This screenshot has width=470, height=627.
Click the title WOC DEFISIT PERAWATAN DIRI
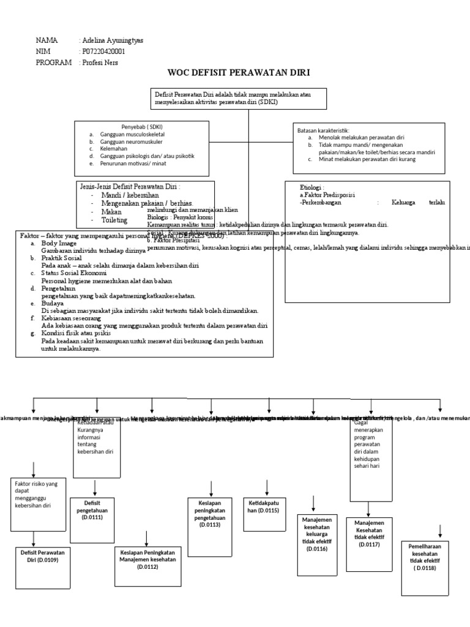(239, 73)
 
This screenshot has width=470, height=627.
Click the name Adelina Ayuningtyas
(112, 41)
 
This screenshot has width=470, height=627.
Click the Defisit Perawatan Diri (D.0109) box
(42, 556)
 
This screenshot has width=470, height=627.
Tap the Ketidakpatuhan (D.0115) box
(264, 506)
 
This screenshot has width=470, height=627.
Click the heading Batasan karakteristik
(323, 130)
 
